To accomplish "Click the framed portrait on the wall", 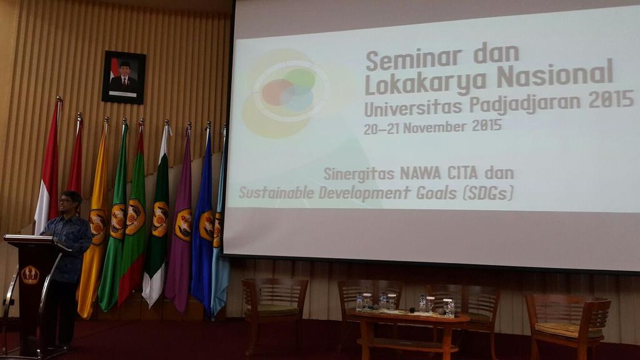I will click(x=124, y=77).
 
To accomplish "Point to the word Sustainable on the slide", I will click(x=276, y=193).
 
